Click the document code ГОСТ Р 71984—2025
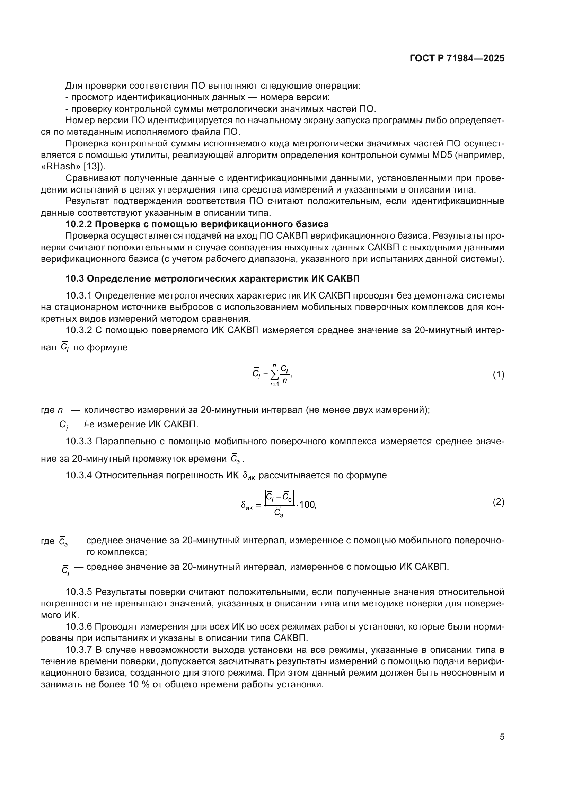[x=457, y=59]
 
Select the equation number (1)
[x=498, y=375]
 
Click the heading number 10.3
[x=74, y=279]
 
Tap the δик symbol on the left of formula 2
[x=247, y=506]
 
